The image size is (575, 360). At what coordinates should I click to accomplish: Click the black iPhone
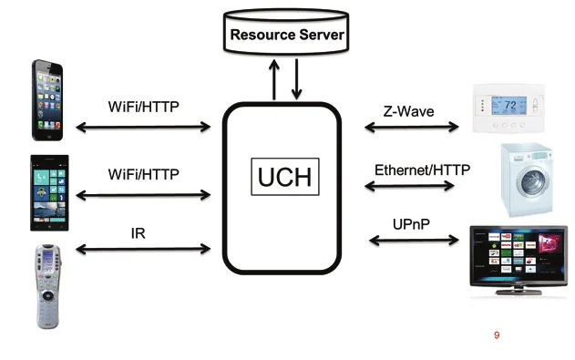point(48,100)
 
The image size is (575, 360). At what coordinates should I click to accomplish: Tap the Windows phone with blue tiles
point(48,194)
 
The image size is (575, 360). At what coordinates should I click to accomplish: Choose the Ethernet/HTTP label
point(414,170)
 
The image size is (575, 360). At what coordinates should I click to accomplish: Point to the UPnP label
point(411,223)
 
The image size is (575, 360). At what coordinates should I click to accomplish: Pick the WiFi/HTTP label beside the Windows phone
point(143,173)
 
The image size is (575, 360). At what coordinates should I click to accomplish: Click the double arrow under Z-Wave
point(411,128)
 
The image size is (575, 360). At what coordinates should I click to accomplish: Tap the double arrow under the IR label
point(143,248)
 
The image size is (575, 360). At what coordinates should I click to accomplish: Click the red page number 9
point(497,335)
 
